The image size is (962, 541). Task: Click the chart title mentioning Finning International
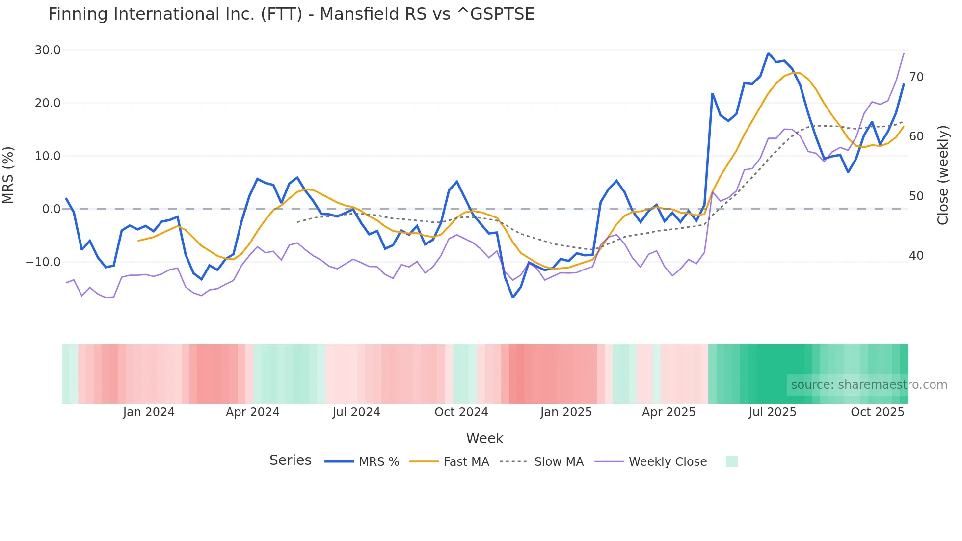[x=291, y=14]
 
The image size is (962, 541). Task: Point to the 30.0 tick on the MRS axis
[x=48, y=50]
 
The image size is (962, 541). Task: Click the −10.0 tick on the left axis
[x=43, y=262]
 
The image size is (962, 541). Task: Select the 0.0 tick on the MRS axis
[x=51, y=209]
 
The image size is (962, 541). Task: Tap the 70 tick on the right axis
[x=916, y=77]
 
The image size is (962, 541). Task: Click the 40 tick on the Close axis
[x=916, y=256]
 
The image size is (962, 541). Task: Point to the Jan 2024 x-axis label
[x=149, y=412]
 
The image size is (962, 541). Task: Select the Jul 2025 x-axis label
[x=772, y=412]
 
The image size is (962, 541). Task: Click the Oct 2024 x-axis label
[x=461, y=412]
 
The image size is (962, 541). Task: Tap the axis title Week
[x=484, y=438]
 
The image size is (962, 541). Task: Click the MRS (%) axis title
[x=8, y=175]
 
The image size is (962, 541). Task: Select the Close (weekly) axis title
[x=943, y=175]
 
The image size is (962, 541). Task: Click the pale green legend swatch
[x=731, y=462]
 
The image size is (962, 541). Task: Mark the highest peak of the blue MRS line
[x=768, y=53]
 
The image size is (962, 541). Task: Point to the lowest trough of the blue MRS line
[x=513, y=297]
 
